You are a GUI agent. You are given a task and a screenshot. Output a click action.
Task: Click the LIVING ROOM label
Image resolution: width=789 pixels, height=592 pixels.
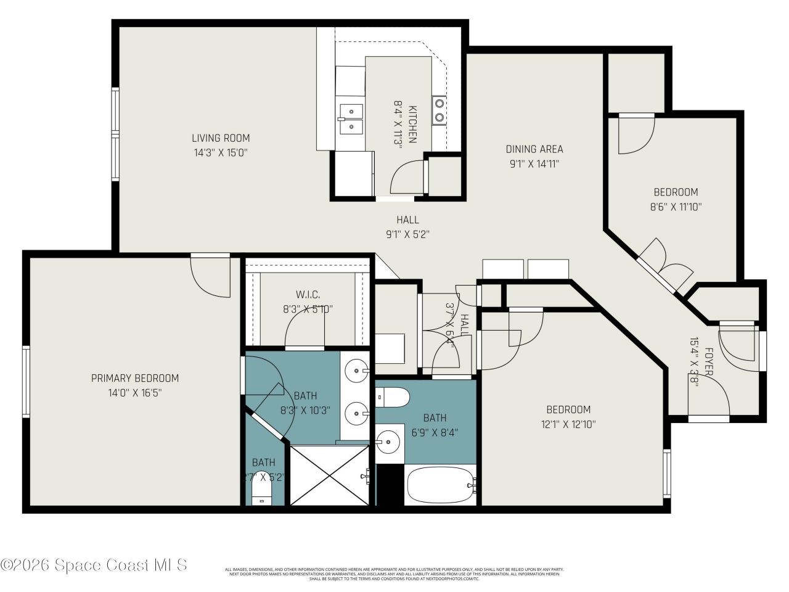(220, 138)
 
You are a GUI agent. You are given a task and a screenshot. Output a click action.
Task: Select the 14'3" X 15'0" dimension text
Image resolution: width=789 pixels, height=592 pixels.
(220, 152)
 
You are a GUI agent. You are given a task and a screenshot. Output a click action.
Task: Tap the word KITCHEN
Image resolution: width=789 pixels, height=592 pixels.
(412, 123)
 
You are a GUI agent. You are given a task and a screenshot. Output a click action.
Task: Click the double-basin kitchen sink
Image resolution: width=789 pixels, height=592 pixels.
(350, 118)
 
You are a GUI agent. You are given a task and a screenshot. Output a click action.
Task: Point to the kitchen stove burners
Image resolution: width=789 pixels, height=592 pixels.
(439, 110)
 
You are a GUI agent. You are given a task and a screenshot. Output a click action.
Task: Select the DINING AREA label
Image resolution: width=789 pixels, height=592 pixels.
(534, 149)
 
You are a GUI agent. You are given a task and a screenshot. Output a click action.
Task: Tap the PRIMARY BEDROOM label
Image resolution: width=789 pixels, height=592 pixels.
(135, 378)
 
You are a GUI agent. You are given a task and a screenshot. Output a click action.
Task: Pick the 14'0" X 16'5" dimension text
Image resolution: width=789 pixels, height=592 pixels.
(135, 392)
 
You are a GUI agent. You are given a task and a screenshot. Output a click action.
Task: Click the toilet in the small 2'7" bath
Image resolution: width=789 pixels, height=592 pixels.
(262, 492)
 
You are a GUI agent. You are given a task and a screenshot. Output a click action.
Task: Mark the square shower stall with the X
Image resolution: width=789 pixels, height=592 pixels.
(331, 475)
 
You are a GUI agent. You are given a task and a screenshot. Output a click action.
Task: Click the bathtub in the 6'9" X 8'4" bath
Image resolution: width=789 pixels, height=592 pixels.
(440, 485)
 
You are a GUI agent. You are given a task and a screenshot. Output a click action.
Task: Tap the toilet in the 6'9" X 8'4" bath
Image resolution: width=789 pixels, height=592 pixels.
(392, 398)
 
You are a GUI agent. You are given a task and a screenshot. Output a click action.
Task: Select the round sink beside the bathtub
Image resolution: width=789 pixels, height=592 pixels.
(388, 442)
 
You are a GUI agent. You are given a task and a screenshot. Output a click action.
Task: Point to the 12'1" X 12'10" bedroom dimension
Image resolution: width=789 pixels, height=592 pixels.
(568, 424)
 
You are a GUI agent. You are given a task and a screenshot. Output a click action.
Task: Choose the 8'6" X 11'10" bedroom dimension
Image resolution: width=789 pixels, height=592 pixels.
(676, 207)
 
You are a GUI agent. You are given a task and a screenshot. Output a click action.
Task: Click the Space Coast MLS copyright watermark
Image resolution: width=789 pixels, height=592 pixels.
(94, 564)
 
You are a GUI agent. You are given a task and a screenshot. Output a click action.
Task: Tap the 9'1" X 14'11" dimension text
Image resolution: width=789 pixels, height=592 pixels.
(534, 164)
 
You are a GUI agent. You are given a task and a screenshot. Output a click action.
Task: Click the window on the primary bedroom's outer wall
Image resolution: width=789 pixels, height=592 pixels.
(26, 381)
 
